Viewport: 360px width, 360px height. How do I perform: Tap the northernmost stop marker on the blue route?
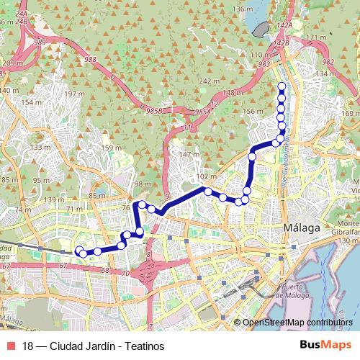[x=282, y=87]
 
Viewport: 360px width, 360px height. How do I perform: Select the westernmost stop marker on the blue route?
[x=78, y=251]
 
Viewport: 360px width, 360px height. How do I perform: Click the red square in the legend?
[x=9, y=345]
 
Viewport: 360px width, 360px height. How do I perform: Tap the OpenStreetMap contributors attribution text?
[x=297, y=323]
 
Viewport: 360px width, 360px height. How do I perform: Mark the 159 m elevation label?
[x=112, y=149]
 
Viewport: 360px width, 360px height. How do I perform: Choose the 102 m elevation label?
[x=206, y=176]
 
